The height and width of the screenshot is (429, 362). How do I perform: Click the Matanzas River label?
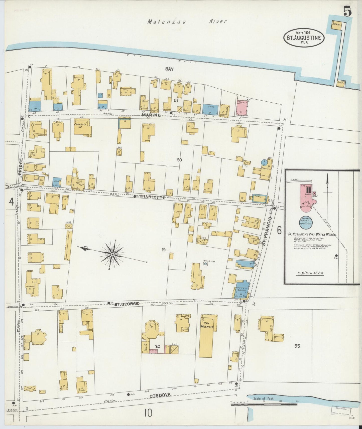pyautogui.click(x=187, y=22)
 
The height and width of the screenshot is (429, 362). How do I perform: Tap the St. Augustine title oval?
pyautogui.click(x=304, y=38)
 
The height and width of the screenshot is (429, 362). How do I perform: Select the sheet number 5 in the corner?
pyautogui.click(x=347, y=12)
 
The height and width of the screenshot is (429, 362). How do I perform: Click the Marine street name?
pyautogui.click(x=151, y=115)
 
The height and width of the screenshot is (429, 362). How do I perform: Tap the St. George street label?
pyautogui.click(x=127, y=304)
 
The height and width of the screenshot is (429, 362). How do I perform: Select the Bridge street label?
pyautogui.click(x=21, y=166)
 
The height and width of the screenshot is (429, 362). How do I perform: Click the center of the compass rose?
pyautogui.click(x=112, y=255)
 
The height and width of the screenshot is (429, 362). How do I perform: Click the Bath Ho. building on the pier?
pyautogui.click(x=336, y=25)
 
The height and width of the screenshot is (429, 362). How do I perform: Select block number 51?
pyautogui.click(x=176, y=100)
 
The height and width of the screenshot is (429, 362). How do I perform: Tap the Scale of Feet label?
pyautogui.click(x=264, y=398)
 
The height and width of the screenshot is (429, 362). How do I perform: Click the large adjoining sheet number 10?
pyautogui.click(x=148, y=413)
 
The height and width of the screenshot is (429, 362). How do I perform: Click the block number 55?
pyautogui.click(x=297, y=346)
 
